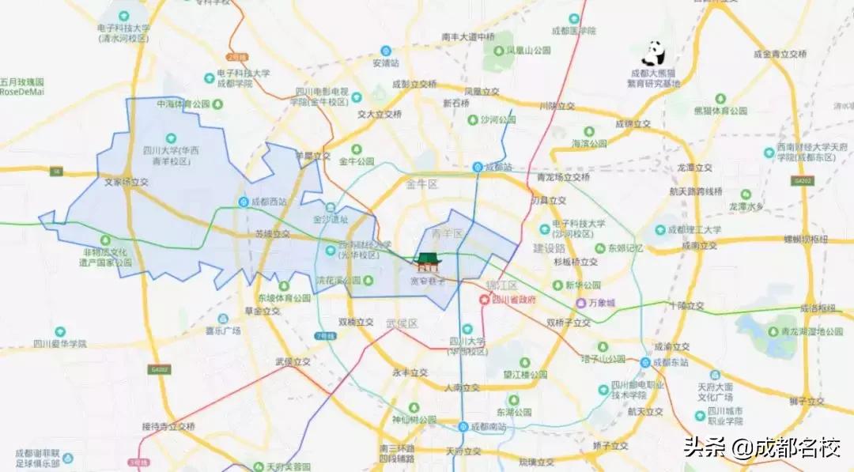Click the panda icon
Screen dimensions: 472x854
pyautogui.click(x=653, y=54)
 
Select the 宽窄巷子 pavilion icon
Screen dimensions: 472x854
pyautogui.click(x=428, y=261)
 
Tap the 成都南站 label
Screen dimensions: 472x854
pyautogui.click(x=487, y=426)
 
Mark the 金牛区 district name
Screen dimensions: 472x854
pyautogui.click(x=422, y=184)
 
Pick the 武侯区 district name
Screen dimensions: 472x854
pyautogui.click(x=401, y=323)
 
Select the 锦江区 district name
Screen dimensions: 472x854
pyautogui.click(x=501, y=285)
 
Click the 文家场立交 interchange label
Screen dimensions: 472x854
pyautogui.click(x=127, y=181)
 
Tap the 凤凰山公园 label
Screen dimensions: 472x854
pyautogui.click(x=528, y=51)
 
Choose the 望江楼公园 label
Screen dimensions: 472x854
pyautogui.click(x=526, y=374)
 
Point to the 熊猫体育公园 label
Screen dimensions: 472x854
pyautogui.click(x=720, y=111)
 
